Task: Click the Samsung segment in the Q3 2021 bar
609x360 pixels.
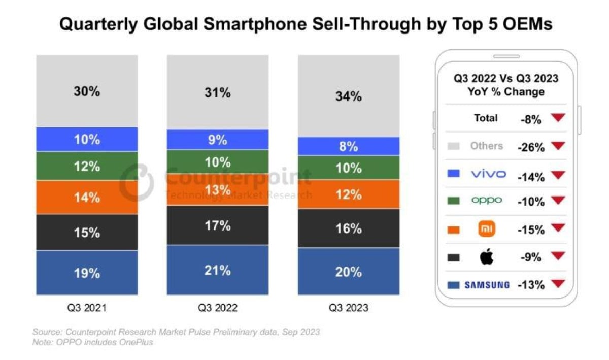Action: [87, 273]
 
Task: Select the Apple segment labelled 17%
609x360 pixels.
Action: [218, 225]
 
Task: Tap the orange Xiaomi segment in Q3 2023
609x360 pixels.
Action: [349, 194]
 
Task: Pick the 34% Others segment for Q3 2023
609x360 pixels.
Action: [349, 96]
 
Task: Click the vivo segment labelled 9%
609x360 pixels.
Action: [218, 140]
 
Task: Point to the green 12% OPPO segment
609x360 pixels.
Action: [87, 166]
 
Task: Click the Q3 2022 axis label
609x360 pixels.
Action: [218, 308]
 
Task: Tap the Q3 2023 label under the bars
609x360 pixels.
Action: [349, 308]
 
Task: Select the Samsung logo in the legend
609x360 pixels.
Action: [487, 285]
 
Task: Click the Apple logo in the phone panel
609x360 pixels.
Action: [487, 257]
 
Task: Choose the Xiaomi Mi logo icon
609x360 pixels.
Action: [487, 230]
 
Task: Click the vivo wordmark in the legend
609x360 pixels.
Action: [488, 174]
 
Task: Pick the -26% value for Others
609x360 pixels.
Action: [530, 147]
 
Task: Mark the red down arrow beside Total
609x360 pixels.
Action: [558, 118]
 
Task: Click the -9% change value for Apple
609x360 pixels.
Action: [531, 257]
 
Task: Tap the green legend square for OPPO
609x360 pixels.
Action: [454, 201]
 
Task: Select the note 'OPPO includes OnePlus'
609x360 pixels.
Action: [93, 342]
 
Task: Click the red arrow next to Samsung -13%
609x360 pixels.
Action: [558, 284]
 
